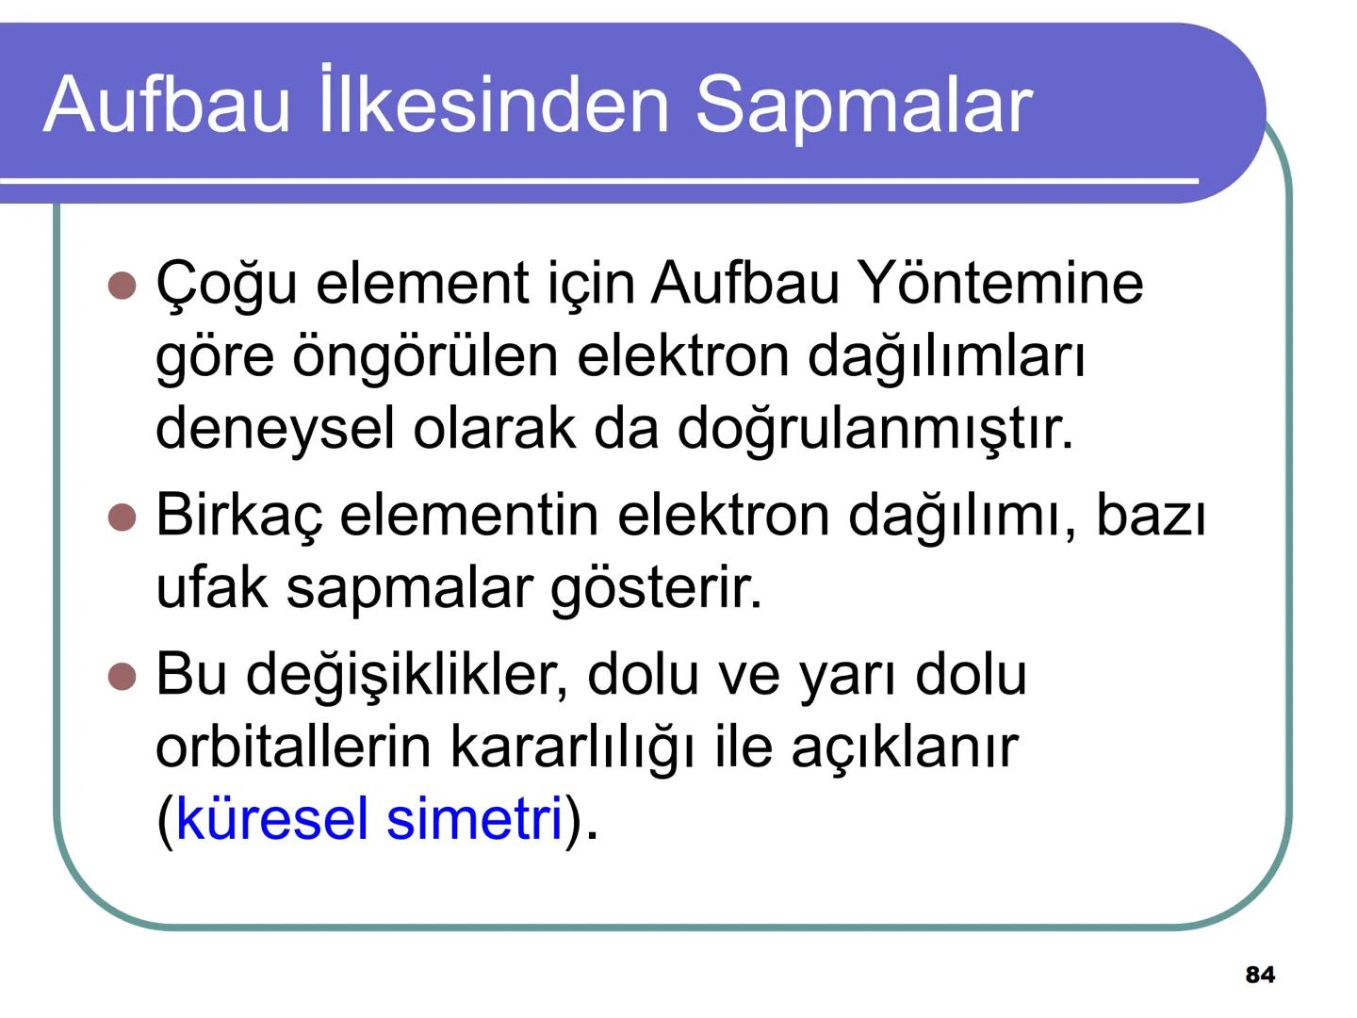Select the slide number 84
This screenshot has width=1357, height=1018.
tap(1260, 975)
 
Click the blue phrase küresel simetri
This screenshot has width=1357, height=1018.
tap(368, 817)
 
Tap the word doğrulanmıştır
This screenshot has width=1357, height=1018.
tap(875, 428)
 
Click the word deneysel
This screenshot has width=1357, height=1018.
tap(274, 428)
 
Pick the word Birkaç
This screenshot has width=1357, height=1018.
tap(238, 516)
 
